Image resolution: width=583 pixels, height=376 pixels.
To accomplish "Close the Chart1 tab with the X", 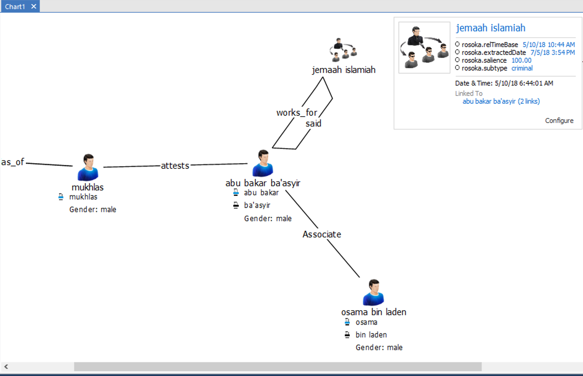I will click(x=34, y=6).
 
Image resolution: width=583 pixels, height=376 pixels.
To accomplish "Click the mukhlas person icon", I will click(x=88, y=168).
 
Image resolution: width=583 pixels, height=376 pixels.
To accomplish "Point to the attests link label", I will click(x=175, y=166).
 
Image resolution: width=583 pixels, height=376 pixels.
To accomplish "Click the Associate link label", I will click(x=322, y=234).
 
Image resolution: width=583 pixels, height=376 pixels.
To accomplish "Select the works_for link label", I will click(x=297, y=113).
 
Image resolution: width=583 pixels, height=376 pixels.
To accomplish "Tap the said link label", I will click(x=313, y=124).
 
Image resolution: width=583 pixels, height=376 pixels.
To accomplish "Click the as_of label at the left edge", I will click(x=13, y=162).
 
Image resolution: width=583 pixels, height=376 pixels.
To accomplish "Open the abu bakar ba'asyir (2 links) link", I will click(x=501, y=101).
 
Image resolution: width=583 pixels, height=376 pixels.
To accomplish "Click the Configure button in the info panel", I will click(x=559, y=121).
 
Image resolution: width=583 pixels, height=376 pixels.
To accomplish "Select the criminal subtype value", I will click(x=522, y=68).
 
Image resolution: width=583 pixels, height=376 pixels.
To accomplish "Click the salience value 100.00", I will click(x=521, y=60).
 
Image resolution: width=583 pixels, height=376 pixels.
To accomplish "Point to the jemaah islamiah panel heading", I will click(x=490, y=28).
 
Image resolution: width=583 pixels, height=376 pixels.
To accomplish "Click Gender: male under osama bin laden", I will click(x=379, y=347).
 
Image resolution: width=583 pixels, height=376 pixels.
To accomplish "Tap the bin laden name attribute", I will click(x=371, y=335).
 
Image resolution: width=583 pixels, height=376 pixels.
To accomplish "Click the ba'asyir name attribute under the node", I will click(x=257, y=205).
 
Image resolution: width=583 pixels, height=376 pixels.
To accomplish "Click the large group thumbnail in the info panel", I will click(x=424, y=47).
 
